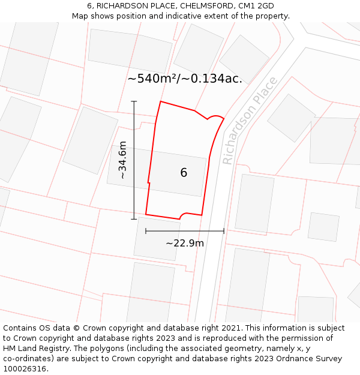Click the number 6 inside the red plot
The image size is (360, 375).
point(184,173)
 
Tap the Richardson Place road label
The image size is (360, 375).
point(250,121)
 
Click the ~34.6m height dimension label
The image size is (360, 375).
point(122,160)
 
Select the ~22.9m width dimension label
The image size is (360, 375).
point(184,243)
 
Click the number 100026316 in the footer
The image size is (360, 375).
point(25,369)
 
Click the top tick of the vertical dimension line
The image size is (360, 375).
point(134,101)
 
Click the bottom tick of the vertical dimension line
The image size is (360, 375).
point(134,219)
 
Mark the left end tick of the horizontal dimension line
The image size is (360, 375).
point(146,230)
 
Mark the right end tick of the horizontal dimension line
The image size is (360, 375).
point(224,230)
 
